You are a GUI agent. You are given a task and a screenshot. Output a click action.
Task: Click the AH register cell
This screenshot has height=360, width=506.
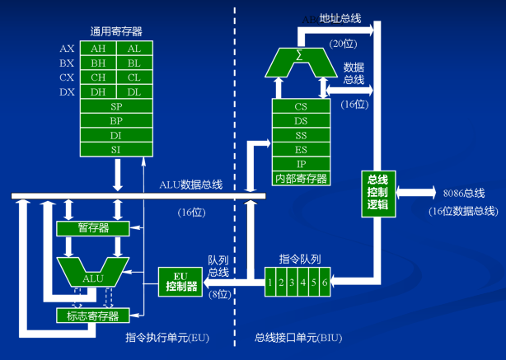click(97, 49)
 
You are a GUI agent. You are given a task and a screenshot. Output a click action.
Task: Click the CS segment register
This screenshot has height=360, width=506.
click(301, 106)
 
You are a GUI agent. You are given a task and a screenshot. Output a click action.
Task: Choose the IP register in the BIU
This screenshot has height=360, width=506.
click(301, 163)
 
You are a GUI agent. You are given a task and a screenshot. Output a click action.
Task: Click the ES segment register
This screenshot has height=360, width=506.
click(301, 149)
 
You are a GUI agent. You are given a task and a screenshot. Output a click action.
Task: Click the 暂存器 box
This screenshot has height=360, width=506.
click(93, 227)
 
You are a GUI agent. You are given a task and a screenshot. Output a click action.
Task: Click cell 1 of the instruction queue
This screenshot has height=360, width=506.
click(269, 283)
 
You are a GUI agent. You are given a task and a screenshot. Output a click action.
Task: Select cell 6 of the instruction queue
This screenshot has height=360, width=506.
click(326, 283)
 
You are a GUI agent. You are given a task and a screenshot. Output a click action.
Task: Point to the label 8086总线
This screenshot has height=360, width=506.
click(463, 193)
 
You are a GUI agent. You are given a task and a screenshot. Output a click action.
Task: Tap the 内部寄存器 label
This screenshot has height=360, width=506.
click(301, 177)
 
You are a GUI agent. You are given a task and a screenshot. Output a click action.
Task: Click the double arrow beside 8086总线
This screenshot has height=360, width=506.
click(415, 192)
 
